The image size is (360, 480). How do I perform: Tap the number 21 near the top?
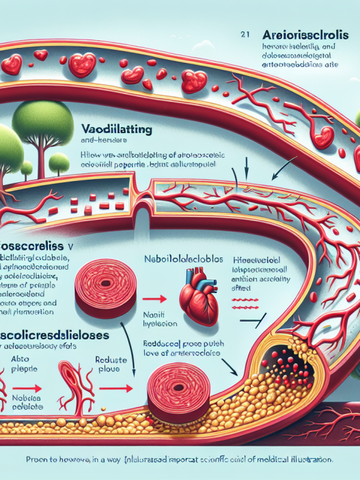coord(245,31)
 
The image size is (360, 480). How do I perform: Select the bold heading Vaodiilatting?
coord(115,128)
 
